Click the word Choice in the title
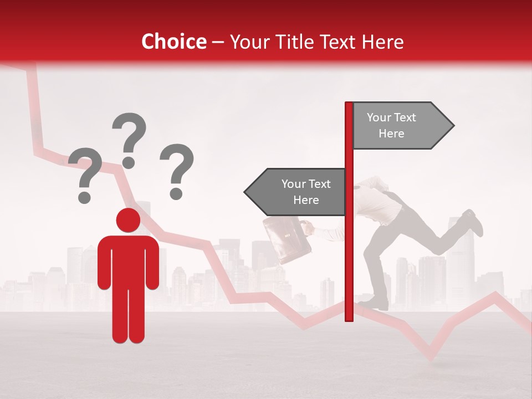click(173, 42)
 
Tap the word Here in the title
click(382, 42)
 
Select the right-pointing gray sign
click(402, 126)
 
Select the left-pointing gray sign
click(296, 192)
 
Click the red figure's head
click(128, 220)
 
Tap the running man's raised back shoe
click(472, 221)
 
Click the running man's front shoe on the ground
click(377, 303)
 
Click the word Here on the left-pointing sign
click(306, 200)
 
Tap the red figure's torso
click(128, 260)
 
